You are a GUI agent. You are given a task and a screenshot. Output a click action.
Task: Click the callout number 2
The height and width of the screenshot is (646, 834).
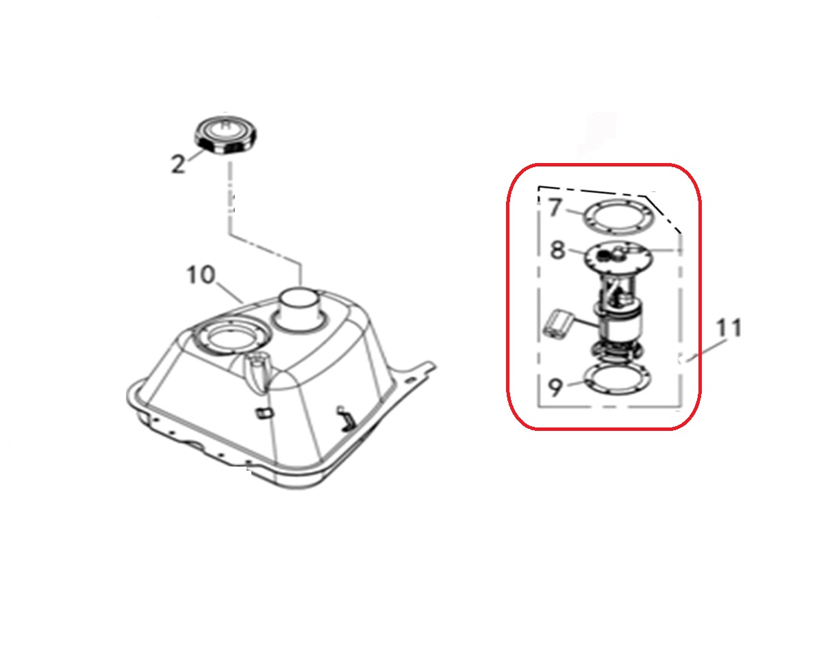pyautogui.click(x=178, y=164)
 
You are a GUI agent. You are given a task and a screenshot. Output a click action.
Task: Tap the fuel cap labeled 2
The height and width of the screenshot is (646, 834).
pyautogui.click(x=227, y=134)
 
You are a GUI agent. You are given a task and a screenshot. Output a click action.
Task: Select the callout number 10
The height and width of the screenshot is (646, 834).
pyautogui.click(x=201, y=275)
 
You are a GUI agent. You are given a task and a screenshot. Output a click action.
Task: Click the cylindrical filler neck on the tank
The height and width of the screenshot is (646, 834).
pyautogui.click(x=300, y=306)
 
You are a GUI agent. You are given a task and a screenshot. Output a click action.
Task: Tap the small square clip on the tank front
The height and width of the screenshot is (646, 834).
pyautogui.click(x=263, y=413)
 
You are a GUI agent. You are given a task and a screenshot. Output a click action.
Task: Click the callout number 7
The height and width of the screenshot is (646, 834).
pyautogui.click(x=556, y=208)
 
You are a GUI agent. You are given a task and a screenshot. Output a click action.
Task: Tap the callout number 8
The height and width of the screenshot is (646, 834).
pyautogui.click(x=558, y=250)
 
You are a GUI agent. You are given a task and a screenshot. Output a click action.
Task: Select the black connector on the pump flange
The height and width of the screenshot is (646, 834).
pyautogui.click(x=605, y=253)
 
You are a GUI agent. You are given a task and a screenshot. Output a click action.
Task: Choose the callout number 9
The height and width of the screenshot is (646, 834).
pyautogui.click(x=556, y=387)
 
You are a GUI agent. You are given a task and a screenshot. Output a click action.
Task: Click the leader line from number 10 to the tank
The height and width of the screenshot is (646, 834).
pyautogui.click(x=229, y=293)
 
